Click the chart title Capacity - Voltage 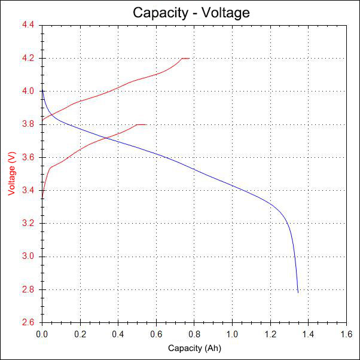(191, 12)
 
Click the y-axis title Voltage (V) (11, 173)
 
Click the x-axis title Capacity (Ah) (194, 348)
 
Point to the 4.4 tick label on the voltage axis (29, 25)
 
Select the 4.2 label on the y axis (29, 58)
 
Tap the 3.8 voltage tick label (29, 124)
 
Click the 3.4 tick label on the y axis (29, 191)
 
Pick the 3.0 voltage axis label (29, 257)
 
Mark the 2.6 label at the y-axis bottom (29, 322)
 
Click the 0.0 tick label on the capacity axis (42, 333)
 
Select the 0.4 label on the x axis (118, 333)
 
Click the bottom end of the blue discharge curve (298, 292)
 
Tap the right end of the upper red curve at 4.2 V (189, 58)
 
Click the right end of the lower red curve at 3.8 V (146, 124)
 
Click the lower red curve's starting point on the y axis (42, 199)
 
